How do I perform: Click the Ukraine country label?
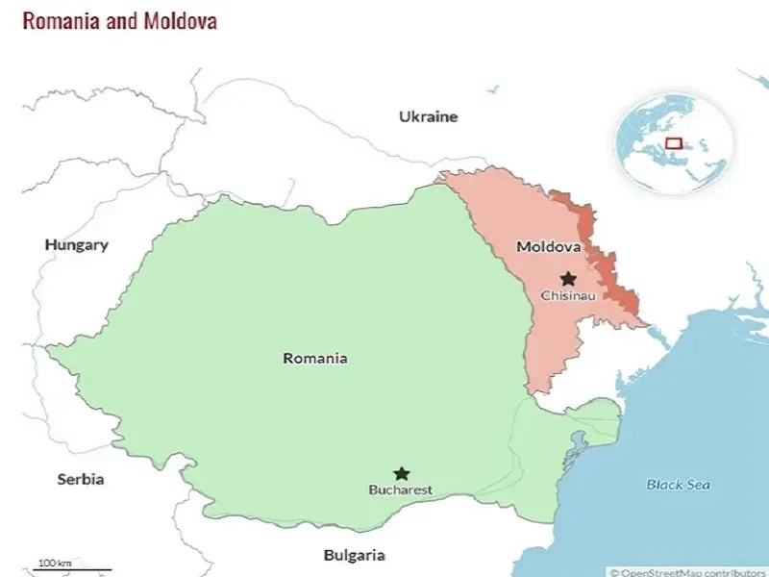(x=429, y=116)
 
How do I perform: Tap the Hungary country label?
(x=76, y=244)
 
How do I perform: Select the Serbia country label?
(x=80, y=479)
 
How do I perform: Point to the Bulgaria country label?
(x=354, y=555)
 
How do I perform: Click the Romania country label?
(x=314, y=358)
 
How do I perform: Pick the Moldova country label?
(x=548, y=246)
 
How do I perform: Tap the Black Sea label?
(x=678, y=485)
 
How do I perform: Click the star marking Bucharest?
(x=401, y=473)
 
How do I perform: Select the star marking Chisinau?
(x=568, y=278)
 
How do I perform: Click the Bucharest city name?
(x=401, y=489)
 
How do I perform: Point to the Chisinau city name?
(x=568, y=295)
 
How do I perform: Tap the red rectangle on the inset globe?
(x=674, y=144)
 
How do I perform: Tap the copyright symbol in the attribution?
(x=614, y=571)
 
